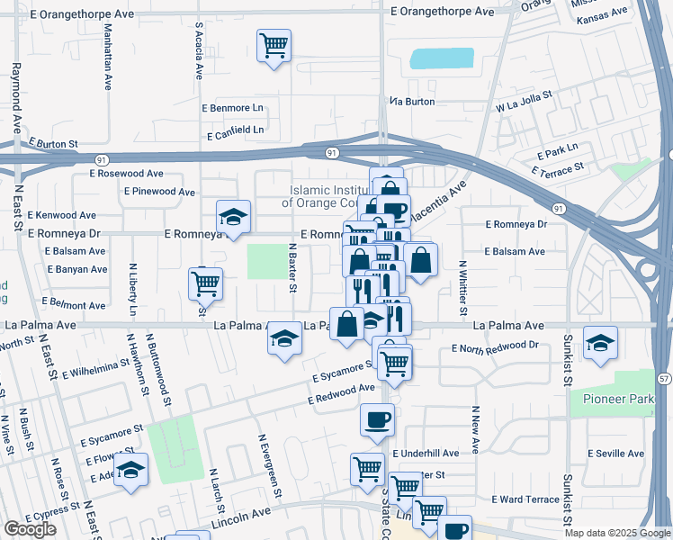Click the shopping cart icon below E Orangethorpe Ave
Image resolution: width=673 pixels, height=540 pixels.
[274, 45]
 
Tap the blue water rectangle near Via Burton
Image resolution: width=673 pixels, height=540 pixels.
[442, 58]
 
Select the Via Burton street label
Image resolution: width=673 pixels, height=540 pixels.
[413, 102]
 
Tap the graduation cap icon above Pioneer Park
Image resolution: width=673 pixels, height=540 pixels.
[600, 342]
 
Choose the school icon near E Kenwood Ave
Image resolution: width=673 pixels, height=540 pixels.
[233, 217]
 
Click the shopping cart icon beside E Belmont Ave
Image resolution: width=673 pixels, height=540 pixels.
[205, 283]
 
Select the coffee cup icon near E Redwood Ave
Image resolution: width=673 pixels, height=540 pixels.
[377, 418]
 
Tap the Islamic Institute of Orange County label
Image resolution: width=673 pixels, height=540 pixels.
[329, 196]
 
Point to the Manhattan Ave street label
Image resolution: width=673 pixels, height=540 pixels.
[108, 56]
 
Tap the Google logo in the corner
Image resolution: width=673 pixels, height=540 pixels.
[29, 529]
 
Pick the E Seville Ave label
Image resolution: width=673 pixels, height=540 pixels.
[615, 453]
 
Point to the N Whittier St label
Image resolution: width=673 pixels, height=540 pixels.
[462, 283]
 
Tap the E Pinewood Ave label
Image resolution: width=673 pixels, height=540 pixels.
[159, 192]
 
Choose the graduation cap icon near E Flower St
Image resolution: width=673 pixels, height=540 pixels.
[131, 471]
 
